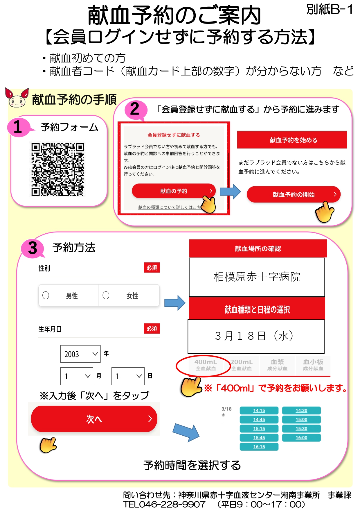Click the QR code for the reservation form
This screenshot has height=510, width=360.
click(x=58, y=169)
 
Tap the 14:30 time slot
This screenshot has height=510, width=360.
click(x=301, y=410)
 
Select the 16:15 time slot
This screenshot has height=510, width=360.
click(x=259, y=447)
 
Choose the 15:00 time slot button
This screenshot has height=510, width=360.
click(x=301, y=419)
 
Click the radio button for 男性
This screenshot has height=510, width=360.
click(x=46, y=295)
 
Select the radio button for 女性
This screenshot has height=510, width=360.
click(x=106, y=295)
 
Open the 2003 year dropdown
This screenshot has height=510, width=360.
click(x=80, y=354)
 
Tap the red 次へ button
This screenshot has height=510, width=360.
click(x=94, y=419)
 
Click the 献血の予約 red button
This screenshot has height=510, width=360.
click(x=174, y=191)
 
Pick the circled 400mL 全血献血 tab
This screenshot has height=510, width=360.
click(x=206, y=365)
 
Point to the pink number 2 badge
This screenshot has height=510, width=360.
click(x=135, y=110)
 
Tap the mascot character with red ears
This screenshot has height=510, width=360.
click(x=17, y=98)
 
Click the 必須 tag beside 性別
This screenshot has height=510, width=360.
click(x=152, y=268)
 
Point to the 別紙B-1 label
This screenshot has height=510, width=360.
click(x=330, y=10)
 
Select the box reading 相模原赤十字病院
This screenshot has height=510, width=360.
click(x=257, y=277)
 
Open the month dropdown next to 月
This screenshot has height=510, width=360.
click(x=77, y=376)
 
